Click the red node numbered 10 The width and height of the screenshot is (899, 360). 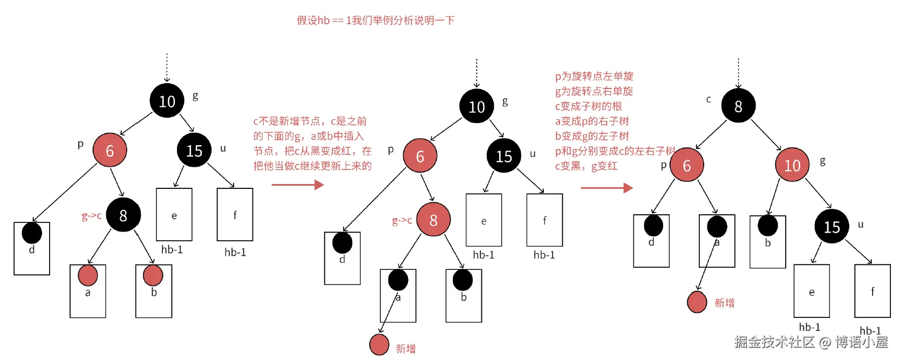792,165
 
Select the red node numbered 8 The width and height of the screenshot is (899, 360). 433,220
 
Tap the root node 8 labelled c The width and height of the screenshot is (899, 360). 738,106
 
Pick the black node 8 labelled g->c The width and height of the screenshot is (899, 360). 123,215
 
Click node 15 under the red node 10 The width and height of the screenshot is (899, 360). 832,227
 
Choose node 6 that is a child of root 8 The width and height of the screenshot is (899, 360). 686,165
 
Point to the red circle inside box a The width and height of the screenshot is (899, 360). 87,275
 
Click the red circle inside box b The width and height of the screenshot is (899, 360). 153,275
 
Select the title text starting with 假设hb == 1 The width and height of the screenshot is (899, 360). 376,21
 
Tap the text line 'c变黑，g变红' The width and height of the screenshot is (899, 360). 586,166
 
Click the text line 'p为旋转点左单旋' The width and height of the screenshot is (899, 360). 594,76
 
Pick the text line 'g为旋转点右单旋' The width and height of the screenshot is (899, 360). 594,91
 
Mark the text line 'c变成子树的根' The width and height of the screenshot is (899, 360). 588,106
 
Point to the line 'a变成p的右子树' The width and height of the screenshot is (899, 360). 592,121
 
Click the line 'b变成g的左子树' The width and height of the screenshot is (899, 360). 592,136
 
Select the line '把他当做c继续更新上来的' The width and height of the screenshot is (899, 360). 312,166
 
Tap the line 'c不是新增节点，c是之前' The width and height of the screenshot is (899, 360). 310,121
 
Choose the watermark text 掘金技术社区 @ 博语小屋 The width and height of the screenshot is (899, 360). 811,342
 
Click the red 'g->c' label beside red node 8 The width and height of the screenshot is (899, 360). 402,220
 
